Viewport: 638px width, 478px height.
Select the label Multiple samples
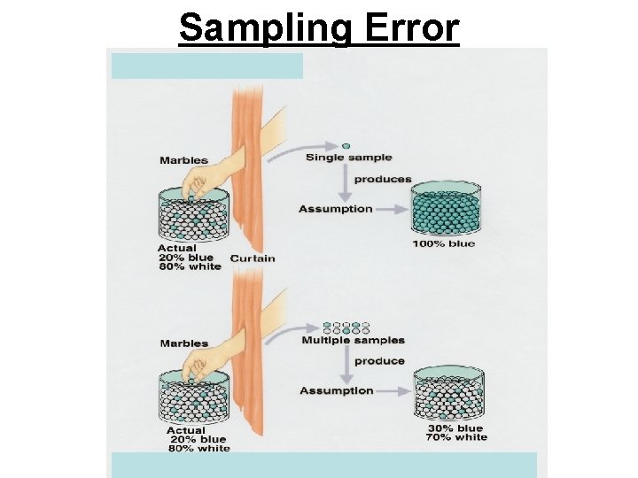coord(353,340)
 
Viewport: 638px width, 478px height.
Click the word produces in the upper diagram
coord(383,179)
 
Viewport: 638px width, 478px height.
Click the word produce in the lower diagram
coord(379,361)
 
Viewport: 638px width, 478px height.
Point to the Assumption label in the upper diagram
coord(336,209)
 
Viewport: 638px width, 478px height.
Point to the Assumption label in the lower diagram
coord(336,390)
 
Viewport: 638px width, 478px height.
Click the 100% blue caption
coord(443,243)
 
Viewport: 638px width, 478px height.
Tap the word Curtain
coord(253,258)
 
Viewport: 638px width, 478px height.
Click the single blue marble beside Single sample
coord(346,146)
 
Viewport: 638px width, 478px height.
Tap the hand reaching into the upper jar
coord(199,181)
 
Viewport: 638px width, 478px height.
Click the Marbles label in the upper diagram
coord(183,160)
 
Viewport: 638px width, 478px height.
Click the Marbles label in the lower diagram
coord(183,343)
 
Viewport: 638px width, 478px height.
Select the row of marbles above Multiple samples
coord(346,328)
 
